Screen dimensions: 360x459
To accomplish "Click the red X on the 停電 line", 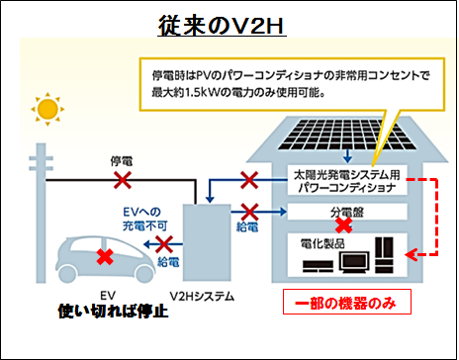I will [122, 180].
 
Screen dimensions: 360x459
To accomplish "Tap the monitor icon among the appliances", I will [353, 262].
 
